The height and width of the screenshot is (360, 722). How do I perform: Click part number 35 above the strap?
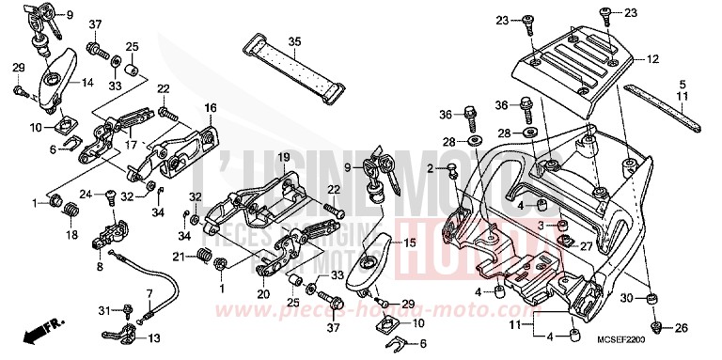pos(294,42)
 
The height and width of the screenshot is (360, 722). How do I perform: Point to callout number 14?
pos(86,83)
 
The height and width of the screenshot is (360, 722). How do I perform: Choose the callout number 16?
pos(211,107)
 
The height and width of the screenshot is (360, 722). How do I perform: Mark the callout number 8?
pos(100,267)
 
